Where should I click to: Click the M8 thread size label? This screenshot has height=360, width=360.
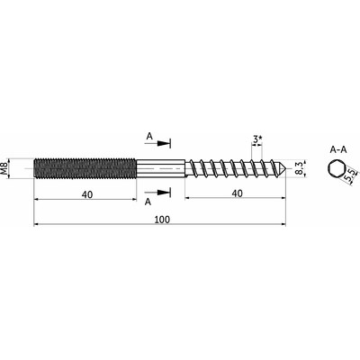tap(4, 168)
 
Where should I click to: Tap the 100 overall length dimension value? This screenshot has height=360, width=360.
tap(162, 220)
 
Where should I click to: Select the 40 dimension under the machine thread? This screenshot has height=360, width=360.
tap(87, 194)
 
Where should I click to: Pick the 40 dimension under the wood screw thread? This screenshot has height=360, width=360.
tap(237, 193)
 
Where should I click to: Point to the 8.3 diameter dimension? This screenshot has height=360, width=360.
tap(298, 169)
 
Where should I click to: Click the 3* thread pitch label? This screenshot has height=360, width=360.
tap(257, 139)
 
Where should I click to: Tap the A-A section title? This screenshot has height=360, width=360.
tap(337, 149)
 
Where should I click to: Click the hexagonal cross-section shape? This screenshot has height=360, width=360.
tap(335, 169)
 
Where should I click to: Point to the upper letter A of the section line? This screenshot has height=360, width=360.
tap(149, 137)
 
